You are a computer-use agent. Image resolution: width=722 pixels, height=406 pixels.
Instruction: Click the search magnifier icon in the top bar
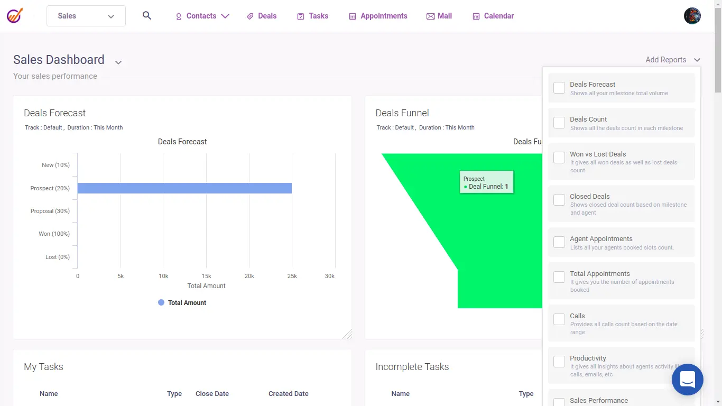[147, 16]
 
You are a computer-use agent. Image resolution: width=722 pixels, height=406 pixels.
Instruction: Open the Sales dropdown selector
[86, 16]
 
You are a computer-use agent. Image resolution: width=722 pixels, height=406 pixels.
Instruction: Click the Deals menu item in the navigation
[262, 16]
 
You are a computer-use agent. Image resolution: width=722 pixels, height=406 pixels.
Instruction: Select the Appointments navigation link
[378, 16]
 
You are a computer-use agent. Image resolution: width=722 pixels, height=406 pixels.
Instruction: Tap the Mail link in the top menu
[439, 16]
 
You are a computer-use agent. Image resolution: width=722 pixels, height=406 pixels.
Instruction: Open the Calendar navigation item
[493, 16]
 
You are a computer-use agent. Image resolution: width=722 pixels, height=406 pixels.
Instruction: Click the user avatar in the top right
[692, 16]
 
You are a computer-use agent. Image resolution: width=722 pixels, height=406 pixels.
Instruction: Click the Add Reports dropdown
[673, 60]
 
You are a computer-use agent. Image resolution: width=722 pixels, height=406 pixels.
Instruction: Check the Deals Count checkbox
[559, 123]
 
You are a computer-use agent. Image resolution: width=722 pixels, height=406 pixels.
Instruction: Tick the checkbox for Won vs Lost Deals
[559, 158]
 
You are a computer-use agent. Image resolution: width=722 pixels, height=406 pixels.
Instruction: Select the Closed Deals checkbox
[559, 200]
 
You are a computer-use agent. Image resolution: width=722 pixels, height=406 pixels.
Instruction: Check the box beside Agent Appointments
[559, 242]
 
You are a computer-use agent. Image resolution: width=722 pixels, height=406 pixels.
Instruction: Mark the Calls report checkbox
[559, 319]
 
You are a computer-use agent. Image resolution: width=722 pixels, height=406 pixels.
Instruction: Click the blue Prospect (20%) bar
[184, 188]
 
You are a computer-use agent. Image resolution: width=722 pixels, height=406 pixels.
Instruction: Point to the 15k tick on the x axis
[206, 276]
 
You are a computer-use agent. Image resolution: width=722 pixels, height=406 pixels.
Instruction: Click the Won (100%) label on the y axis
[54, 234]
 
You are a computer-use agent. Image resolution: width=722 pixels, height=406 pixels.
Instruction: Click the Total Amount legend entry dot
[161, 302]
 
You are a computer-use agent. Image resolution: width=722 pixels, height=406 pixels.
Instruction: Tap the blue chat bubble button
[687, 379]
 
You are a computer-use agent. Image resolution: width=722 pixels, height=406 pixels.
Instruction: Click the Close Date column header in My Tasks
[212, 394]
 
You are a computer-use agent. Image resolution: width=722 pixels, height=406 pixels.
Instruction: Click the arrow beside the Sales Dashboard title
[118, 62]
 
